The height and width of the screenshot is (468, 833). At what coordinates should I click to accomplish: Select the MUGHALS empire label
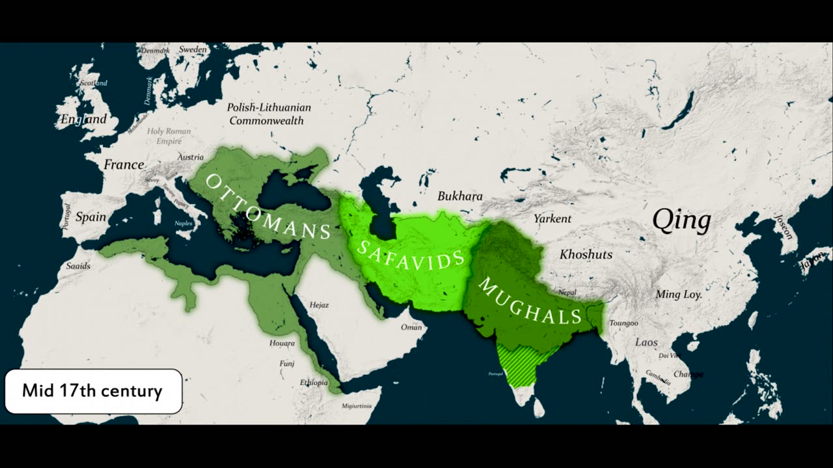[530, 300]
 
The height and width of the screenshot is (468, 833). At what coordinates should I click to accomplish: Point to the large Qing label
[681, 221]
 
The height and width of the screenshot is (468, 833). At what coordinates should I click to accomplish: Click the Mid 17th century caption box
[92, 391]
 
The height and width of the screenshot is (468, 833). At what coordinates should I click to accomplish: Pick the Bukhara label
[460, 196]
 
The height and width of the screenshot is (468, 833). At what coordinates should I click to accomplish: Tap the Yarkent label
[552, 218]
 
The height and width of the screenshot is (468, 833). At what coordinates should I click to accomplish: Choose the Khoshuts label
[586, 254]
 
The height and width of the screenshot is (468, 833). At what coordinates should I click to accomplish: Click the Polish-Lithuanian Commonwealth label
[269, 114]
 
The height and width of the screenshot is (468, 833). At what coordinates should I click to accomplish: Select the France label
[124, 165]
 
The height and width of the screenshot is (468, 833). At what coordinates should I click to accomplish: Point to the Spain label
[90, 217]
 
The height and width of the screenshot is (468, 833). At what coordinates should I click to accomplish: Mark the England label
[83, 120]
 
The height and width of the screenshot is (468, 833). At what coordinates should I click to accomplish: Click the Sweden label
[193, 49]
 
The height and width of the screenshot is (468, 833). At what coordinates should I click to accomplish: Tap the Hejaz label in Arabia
[319, 305]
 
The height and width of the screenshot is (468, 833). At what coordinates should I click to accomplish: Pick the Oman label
[411, 327]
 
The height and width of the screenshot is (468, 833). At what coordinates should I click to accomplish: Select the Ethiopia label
[314, 382]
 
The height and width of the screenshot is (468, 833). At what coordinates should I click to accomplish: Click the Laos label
[646, 342]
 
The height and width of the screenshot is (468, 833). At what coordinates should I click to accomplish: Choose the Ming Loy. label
[678, 294]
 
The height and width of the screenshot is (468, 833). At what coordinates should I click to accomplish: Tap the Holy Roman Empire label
[169, 135]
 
